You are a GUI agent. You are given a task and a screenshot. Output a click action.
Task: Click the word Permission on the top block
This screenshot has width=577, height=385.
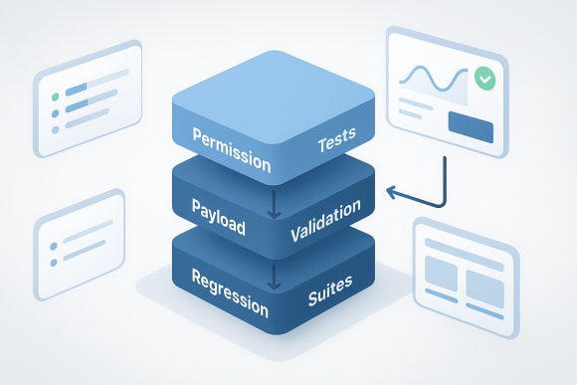pyautogui.click(x=230, y=145)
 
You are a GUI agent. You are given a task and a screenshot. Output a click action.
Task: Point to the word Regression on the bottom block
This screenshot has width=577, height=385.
pyautogui.click(x=230, y=290)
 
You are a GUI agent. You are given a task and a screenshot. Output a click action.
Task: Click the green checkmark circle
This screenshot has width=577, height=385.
pyautogui.click(x=484, y=77)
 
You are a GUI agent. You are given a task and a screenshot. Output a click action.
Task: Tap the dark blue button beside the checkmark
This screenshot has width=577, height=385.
pyautogui.click(x=472, y=126)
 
